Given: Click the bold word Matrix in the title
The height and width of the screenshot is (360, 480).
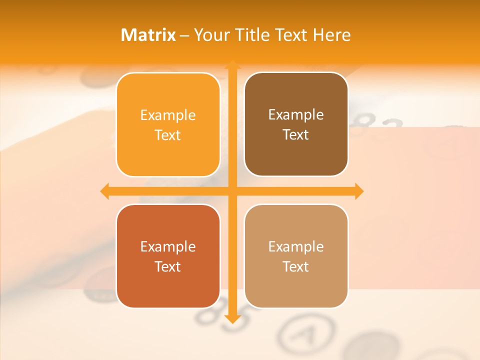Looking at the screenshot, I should (x=148, y=35).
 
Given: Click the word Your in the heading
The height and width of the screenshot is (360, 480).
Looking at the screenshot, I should (x=211, y=35).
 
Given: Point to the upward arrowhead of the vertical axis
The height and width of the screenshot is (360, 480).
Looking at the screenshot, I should (x=232, y=65).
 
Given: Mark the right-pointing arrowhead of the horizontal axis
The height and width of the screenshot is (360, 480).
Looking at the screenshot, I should (x=358, y=191).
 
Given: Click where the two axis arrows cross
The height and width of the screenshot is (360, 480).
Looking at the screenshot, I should (x=232, y=191).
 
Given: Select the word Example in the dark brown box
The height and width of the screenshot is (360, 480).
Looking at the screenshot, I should (x=296, y=115).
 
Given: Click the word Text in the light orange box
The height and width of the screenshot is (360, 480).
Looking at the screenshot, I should (x=168, y=135).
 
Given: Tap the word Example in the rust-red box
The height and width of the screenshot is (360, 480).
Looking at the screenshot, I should (x=168, y=246).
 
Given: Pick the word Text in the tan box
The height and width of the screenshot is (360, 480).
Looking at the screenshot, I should (x=296, y=266).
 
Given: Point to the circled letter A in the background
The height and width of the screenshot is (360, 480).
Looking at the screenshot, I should (x=306, y=332).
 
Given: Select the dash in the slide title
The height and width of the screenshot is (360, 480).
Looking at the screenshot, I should (x=184, y=35).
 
